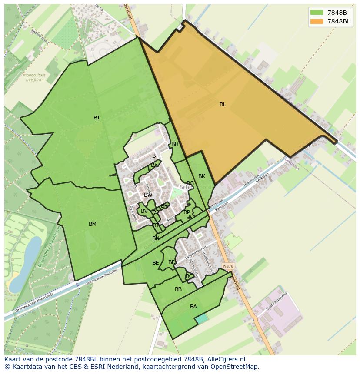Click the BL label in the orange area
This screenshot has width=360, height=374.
(223, 104)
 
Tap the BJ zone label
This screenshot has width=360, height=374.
(96, 118)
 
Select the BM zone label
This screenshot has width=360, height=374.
(93, 224)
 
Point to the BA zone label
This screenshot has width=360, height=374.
(193, 307)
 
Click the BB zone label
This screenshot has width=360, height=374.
(178, 289)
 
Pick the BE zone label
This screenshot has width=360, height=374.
(155, 263)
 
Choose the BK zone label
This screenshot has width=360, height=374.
(202, 176)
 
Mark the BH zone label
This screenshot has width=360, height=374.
(175, 144)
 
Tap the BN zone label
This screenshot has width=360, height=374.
(156, 238)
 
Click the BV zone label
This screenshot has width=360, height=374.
(144, 212)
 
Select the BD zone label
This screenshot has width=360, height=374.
(172, 262)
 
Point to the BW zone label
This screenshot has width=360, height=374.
(148, 195)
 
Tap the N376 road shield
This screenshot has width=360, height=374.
(227, 266)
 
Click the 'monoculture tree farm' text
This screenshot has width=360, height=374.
(34, 78)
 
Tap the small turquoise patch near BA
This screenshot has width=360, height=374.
(201, 318)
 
